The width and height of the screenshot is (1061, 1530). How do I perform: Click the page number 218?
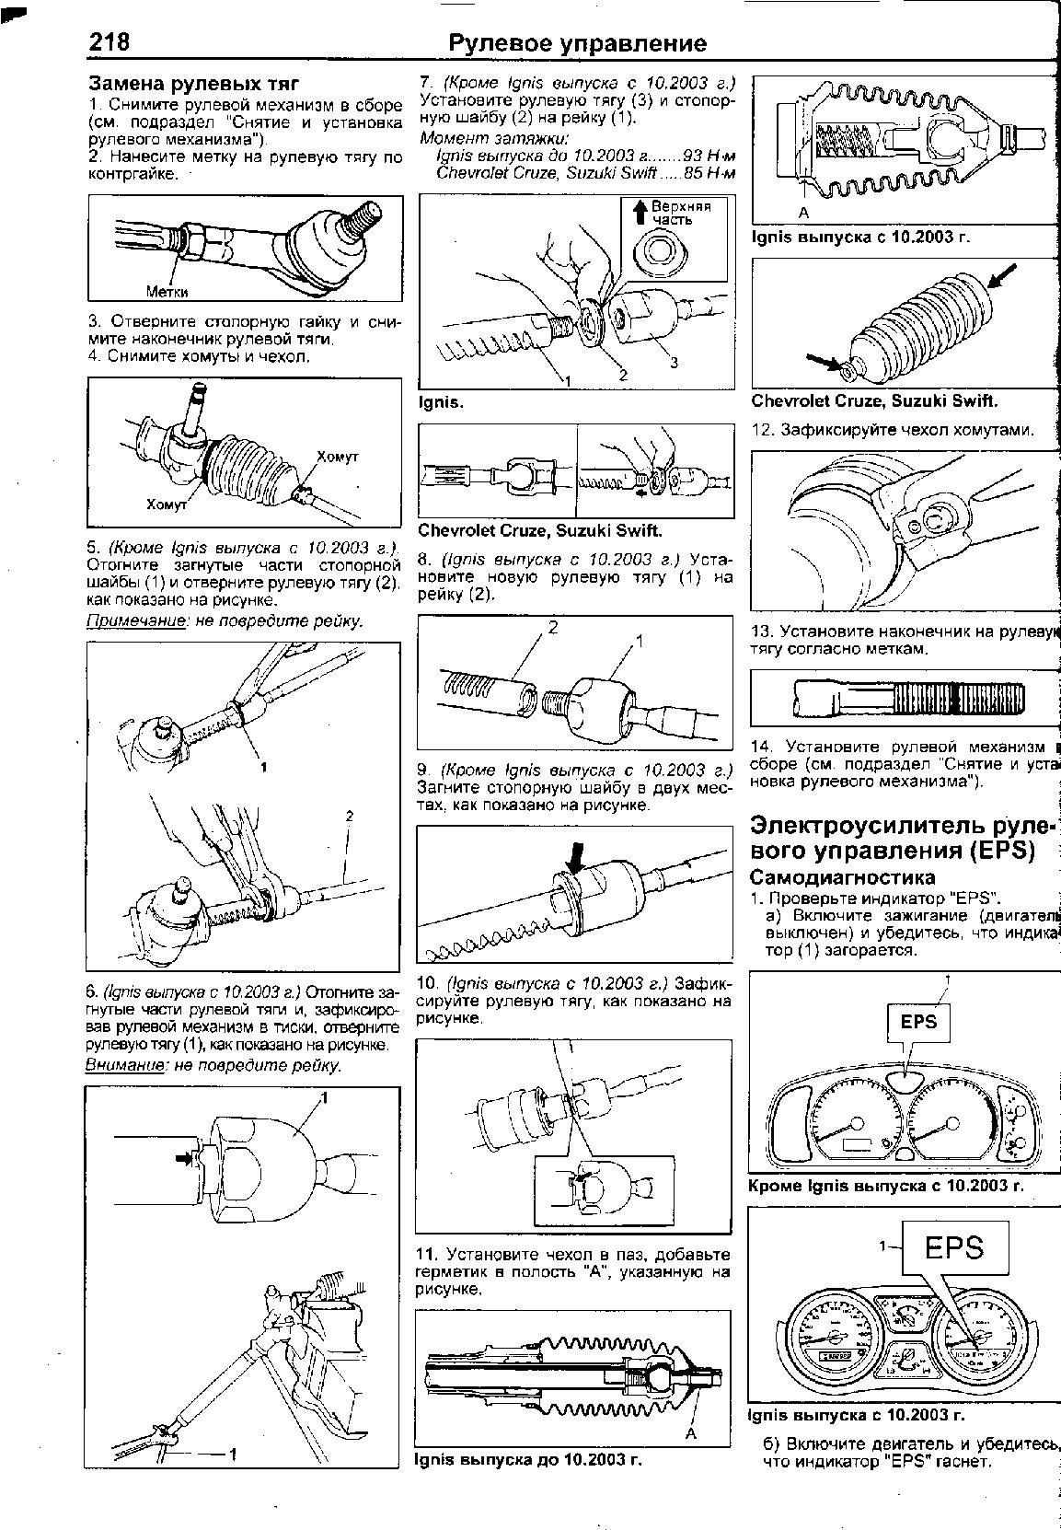point(110,42)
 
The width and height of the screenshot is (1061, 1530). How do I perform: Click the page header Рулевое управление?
point(577,43)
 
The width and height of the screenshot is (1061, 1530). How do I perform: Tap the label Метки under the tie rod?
point(167,292)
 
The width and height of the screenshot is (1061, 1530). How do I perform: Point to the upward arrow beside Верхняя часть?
point(640,213)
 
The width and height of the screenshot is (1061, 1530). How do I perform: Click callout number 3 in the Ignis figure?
point(674,363)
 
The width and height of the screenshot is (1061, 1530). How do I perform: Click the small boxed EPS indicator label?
point(917,1022)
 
